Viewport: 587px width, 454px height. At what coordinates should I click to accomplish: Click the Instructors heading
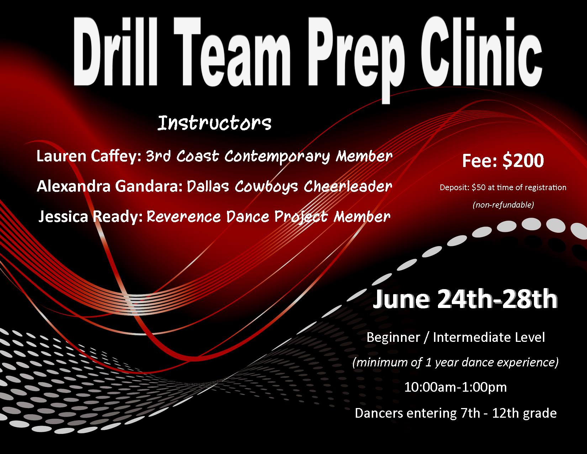pos(215,123)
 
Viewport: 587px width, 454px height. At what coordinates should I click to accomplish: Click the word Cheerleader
pos(348,186)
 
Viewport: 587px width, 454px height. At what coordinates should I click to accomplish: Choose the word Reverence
pos(184,217)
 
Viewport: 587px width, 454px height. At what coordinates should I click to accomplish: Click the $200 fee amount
pos(523,161)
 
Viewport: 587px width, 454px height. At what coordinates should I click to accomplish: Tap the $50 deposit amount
pos(478,187)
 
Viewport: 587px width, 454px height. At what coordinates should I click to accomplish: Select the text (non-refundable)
pos(503,205)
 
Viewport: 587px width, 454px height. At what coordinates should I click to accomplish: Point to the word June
pos(401,299)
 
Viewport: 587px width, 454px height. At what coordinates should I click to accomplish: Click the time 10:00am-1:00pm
pos(455,387)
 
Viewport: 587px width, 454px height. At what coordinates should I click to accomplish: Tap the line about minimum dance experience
pos(455,362)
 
